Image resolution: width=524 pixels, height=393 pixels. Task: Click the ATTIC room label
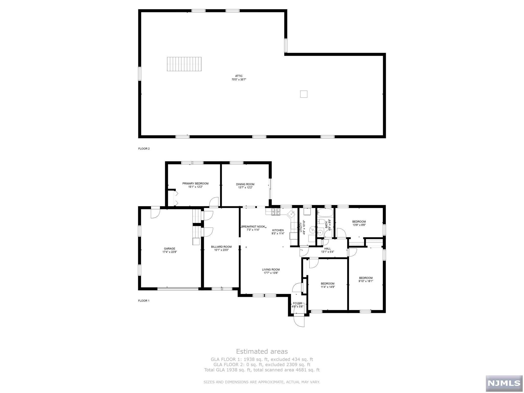[239, 76]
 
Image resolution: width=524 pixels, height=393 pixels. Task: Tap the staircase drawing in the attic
[184, 64]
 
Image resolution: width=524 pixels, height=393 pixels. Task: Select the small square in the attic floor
[303, 94]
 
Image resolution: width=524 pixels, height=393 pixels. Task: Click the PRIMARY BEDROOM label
[195, 183]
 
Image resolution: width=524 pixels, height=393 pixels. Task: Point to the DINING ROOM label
[245, 184]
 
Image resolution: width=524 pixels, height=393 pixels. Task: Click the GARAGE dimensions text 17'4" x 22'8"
[170, 252]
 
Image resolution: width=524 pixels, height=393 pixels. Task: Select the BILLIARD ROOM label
[221, 247]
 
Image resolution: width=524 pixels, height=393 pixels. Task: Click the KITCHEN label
[278, 230]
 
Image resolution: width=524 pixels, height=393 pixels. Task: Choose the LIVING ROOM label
[271, 269]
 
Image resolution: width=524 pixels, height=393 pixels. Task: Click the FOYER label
[297, 303]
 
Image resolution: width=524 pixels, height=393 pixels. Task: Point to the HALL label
[327, 248]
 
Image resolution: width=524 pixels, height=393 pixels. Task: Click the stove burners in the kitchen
[276, 211]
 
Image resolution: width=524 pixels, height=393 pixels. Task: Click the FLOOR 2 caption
[144, 149]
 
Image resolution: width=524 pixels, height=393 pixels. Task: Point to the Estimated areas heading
[262, 352]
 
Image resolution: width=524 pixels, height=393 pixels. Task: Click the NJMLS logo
[504, 383]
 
